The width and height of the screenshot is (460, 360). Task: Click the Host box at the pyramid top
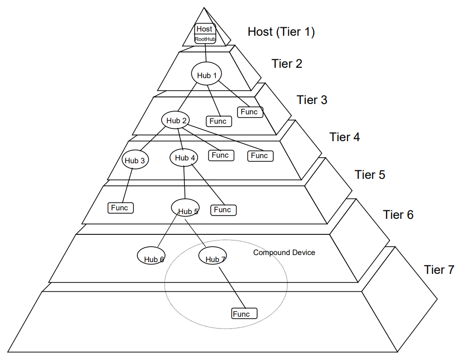205,29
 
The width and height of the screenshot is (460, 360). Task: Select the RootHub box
205,39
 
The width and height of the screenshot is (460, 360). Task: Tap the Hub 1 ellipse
206,74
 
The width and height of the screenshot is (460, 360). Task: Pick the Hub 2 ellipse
177,120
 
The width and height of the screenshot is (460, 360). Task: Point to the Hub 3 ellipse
135,160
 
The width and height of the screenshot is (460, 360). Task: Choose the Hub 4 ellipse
184,157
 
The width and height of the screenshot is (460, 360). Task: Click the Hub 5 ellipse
185,207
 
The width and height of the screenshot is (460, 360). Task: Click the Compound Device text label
284,253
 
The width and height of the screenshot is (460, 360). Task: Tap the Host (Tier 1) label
281,32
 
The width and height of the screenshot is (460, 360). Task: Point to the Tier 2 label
287,64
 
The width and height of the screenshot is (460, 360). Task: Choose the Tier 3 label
312,100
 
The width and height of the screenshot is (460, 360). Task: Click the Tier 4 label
345,137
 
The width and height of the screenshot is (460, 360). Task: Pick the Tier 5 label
370,175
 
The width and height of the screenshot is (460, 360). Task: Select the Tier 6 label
398,215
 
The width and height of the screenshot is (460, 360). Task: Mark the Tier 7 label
439,270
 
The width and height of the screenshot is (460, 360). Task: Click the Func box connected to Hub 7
245,313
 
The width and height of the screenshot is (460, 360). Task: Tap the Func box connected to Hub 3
121,208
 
